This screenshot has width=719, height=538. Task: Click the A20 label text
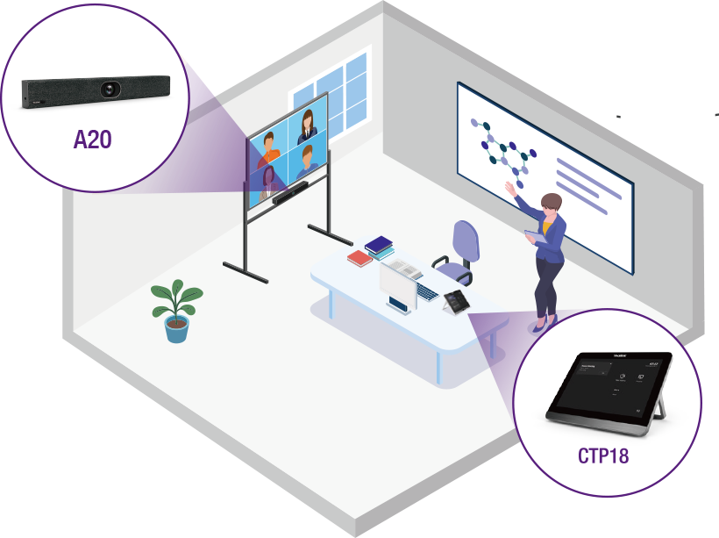tap(92, 139)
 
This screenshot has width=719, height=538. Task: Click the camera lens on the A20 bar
tap(110, 89)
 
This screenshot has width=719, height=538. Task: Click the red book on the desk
tap(359, 258)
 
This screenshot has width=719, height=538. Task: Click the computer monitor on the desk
tap(395, 286)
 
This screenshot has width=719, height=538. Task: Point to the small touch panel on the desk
tap(456, 300)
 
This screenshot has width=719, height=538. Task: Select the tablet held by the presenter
tap(533, 236)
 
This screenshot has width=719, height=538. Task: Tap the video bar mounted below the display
tap(292, 193)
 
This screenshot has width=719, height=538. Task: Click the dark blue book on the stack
tap(380, 244)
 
